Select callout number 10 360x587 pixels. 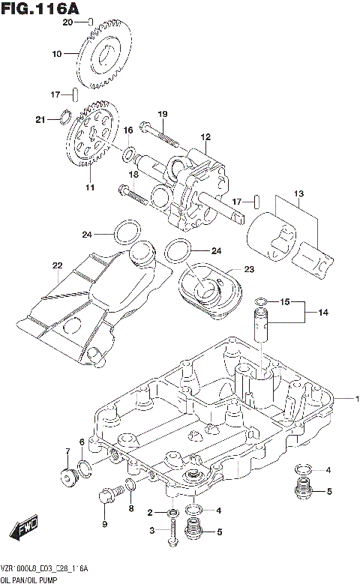56,54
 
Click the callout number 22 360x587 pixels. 56,265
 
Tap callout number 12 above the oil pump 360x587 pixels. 205,138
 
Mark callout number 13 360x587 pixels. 298,195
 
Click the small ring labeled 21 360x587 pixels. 65,117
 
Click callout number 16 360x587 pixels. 128,130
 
